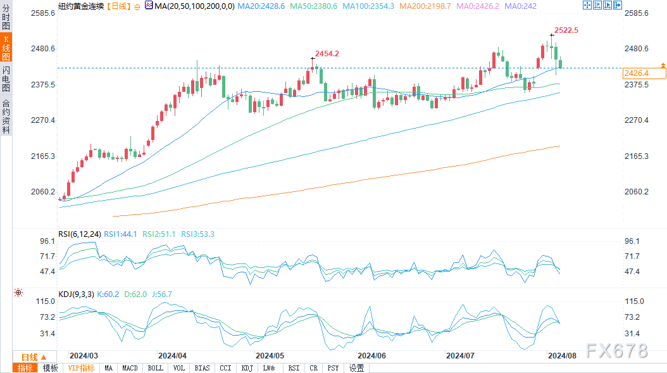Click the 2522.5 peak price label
(x=566, y=30)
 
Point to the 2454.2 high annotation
(x=327, y=54)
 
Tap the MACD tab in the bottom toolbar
(x=130, y=368)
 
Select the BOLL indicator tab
(x=155, y=368)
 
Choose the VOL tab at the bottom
(x=179, y=368)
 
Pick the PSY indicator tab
(x=333, y=368)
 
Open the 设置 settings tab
(x=357, y=368)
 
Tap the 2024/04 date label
(x=172, y=356)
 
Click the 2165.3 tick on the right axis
(x=637, y=156)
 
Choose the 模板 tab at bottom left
(x=50, y=368)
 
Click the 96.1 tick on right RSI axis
(x=633, y=241)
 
